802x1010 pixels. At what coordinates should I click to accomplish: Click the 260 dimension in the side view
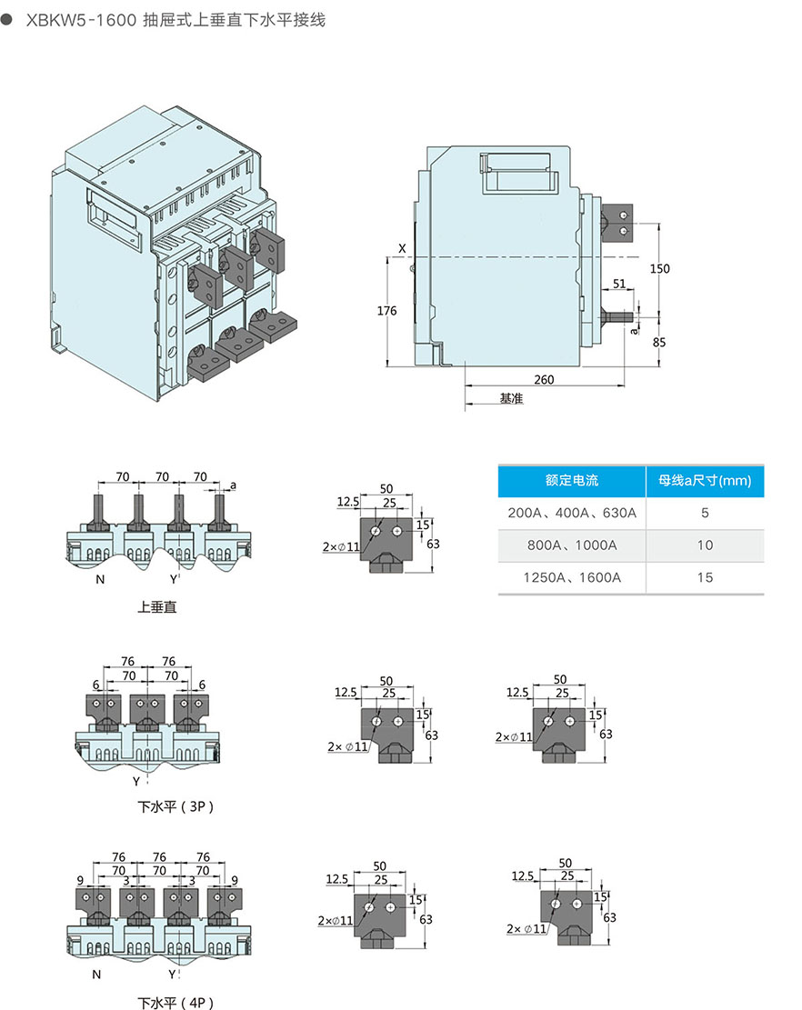point(543,379)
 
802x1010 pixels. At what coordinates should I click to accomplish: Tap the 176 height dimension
point(387,311)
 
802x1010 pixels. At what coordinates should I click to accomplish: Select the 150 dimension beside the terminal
point(660,269)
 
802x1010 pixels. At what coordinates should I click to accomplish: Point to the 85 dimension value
point(660,343)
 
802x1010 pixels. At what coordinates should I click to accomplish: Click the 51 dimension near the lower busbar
point(619,285)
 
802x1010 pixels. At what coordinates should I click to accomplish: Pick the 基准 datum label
point(512,399)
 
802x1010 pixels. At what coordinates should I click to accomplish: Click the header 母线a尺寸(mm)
point(705,481)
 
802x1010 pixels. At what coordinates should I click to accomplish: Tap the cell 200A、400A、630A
point(572,513)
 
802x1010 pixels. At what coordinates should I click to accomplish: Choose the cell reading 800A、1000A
point(572,545)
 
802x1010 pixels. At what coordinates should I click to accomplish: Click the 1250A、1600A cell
point(572,577)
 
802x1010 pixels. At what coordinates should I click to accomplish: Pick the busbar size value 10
point(706,545)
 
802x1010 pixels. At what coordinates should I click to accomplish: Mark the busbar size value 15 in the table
point(706,577)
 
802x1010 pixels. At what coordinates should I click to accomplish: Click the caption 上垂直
point(156,606)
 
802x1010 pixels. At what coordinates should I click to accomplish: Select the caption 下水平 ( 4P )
point(175,1003)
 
